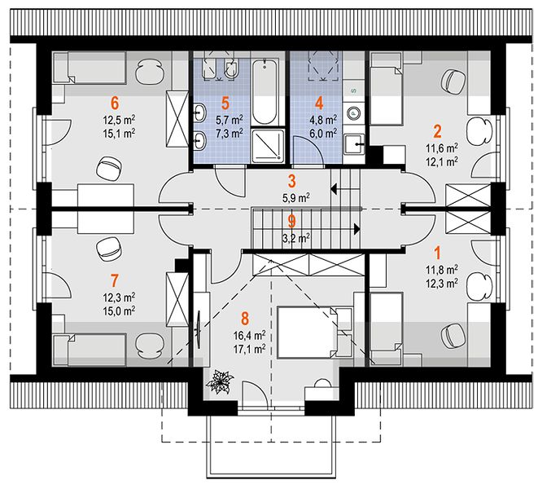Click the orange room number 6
click(115, 103)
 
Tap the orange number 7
click(114, 280)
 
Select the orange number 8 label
click(245, 319)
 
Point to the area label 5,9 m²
click(296, 198)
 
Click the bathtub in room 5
click(265, 91)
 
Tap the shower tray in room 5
click(268, 146)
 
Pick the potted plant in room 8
click(220, 381)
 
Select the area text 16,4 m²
click(249, 335)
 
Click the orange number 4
click(319, 103)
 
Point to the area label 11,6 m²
click(442, 148)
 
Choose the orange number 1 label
click(437, 253)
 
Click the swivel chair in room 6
click(108, 168)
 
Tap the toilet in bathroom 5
click(233, 68)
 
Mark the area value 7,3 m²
click(230, 133)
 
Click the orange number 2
click(437, 131)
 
